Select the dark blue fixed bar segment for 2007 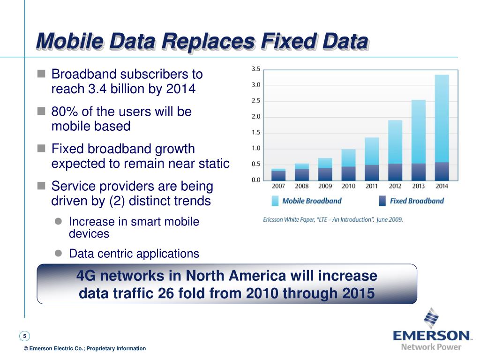[278, 176]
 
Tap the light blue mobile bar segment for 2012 [395, 142]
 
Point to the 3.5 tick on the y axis [256, 69]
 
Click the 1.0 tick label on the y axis [256, 149]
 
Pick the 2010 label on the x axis [348, 186]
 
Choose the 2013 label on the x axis [418, 186]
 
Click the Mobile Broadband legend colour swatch [275, 201]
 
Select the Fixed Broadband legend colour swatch [382, 201]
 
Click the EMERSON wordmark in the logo [432, 336]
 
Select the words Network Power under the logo [431, 347]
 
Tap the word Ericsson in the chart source [275, 219]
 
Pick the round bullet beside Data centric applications [59, 253]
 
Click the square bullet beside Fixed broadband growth [41, 149]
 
